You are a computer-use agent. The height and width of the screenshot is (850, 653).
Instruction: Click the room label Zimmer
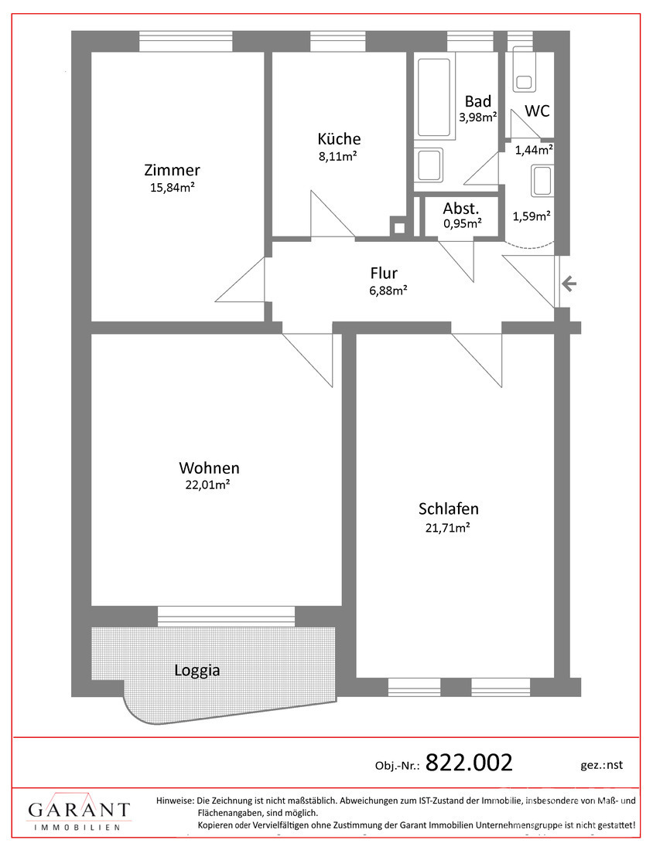(172, 170)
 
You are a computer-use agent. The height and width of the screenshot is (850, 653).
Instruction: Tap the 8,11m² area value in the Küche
(339, 156)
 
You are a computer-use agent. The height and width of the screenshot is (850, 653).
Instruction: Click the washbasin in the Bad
(428, 165)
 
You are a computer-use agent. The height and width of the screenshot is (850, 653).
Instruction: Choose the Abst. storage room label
(461, 209)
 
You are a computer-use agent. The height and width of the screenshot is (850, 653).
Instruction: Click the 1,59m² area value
(532, 216)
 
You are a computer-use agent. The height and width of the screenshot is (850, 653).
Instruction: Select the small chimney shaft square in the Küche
(398, 227)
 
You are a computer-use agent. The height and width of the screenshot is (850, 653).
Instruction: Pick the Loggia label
(197, 671)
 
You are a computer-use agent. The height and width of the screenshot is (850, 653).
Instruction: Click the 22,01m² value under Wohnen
(209, 484)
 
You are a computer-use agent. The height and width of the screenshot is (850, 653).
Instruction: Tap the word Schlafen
(448, 508)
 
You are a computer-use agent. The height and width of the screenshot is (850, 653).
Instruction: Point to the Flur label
(384, 273)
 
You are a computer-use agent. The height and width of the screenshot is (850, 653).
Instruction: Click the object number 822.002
(470, 763)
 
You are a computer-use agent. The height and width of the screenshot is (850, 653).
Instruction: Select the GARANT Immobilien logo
(79, 814)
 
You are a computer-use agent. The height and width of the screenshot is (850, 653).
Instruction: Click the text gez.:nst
(600, 765)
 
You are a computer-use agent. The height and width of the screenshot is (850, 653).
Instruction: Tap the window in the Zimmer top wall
(186, 41)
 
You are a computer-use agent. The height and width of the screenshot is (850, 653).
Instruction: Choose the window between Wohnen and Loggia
(226, 616)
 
